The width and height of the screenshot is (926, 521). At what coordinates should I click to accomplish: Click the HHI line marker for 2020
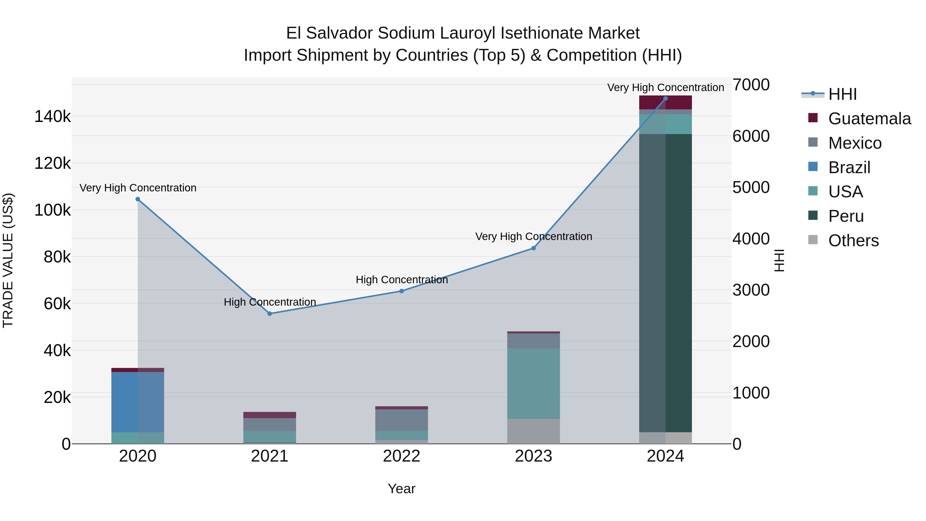pos(138,199)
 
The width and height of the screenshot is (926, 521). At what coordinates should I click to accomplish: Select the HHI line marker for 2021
pos(270,314)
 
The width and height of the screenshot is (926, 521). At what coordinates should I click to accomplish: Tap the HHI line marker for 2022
pos(402,291)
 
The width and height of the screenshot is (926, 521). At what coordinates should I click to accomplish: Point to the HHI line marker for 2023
pos(533,248)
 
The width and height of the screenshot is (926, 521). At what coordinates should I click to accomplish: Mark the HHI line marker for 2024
pos(665,99)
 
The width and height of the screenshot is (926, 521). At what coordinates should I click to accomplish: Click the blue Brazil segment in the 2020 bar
pos(138,402)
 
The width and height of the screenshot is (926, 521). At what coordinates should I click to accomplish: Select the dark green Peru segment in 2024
pos(665,283)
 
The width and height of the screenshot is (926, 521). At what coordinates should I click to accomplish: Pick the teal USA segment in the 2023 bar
pos(533,383)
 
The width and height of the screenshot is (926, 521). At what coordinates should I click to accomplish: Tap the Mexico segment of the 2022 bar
pos(402,420)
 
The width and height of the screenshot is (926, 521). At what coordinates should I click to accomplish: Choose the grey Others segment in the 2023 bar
pos(533,431)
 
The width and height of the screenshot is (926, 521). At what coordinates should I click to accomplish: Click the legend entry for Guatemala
pos(869,119)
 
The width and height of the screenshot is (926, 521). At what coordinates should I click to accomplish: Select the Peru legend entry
pos(846,216)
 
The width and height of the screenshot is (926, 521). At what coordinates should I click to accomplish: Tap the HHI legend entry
pos(842,94)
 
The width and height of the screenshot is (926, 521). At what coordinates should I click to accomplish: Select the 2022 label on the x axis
pos(402,456)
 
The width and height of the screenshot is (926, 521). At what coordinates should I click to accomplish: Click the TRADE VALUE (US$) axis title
pos(8,260)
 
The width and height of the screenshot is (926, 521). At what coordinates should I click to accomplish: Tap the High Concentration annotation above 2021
pos(270,302)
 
